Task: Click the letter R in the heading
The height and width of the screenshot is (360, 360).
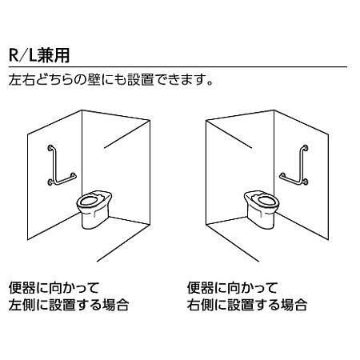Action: pyautogui.click(x=14, y=57)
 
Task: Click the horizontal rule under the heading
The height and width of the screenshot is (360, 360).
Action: pyautogui.click(x=180, y=68)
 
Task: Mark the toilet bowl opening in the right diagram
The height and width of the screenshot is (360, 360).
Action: pyautogui.click(x=262, y=196)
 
